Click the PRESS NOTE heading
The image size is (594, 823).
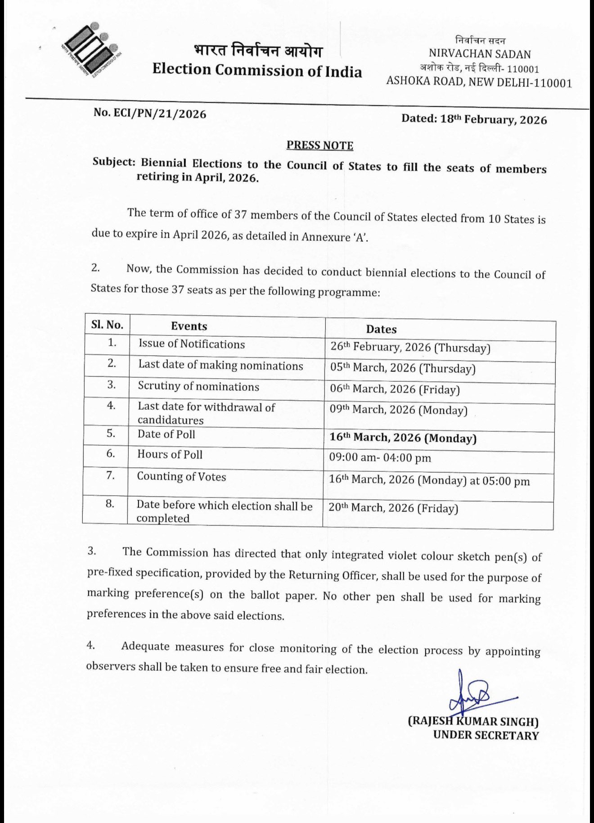point(320,145)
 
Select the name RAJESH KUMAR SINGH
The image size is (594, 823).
point(473,722)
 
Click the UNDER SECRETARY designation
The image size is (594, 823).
point(486,736)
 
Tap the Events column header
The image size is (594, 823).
point(189,326)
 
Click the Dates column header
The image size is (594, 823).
point(381,330)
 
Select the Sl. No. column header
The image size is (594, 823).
point(107,325)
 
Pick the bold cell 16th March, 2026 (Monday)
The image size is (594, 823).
point(403,438)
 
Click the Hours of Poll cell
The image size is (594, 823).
point(170,454)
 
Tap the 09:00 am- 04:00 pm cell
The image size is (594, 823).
point(380,458)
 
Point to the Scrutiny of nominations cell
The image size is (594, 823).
point(198,387)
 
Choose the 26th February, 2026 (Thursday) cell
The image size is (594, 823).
point(410,348)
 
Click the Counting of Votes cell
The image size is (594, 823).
point(181,477)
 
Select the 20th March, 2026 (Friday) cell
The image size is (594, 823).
point(393,508)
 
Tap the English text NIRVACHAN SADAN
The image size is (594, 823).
point(480,54)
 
